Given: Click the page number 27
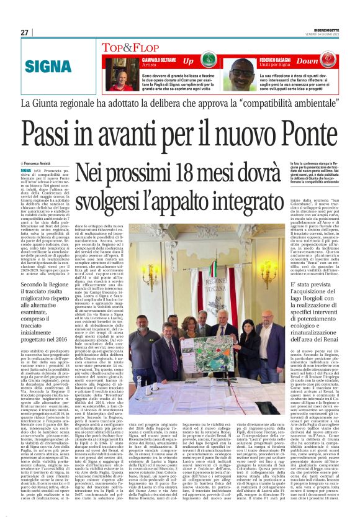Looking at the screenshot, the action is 24,32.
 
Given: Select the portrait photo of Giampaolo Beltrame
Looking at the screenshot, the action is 121,73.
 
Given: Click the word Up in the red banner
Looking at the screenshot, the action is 189,61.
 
